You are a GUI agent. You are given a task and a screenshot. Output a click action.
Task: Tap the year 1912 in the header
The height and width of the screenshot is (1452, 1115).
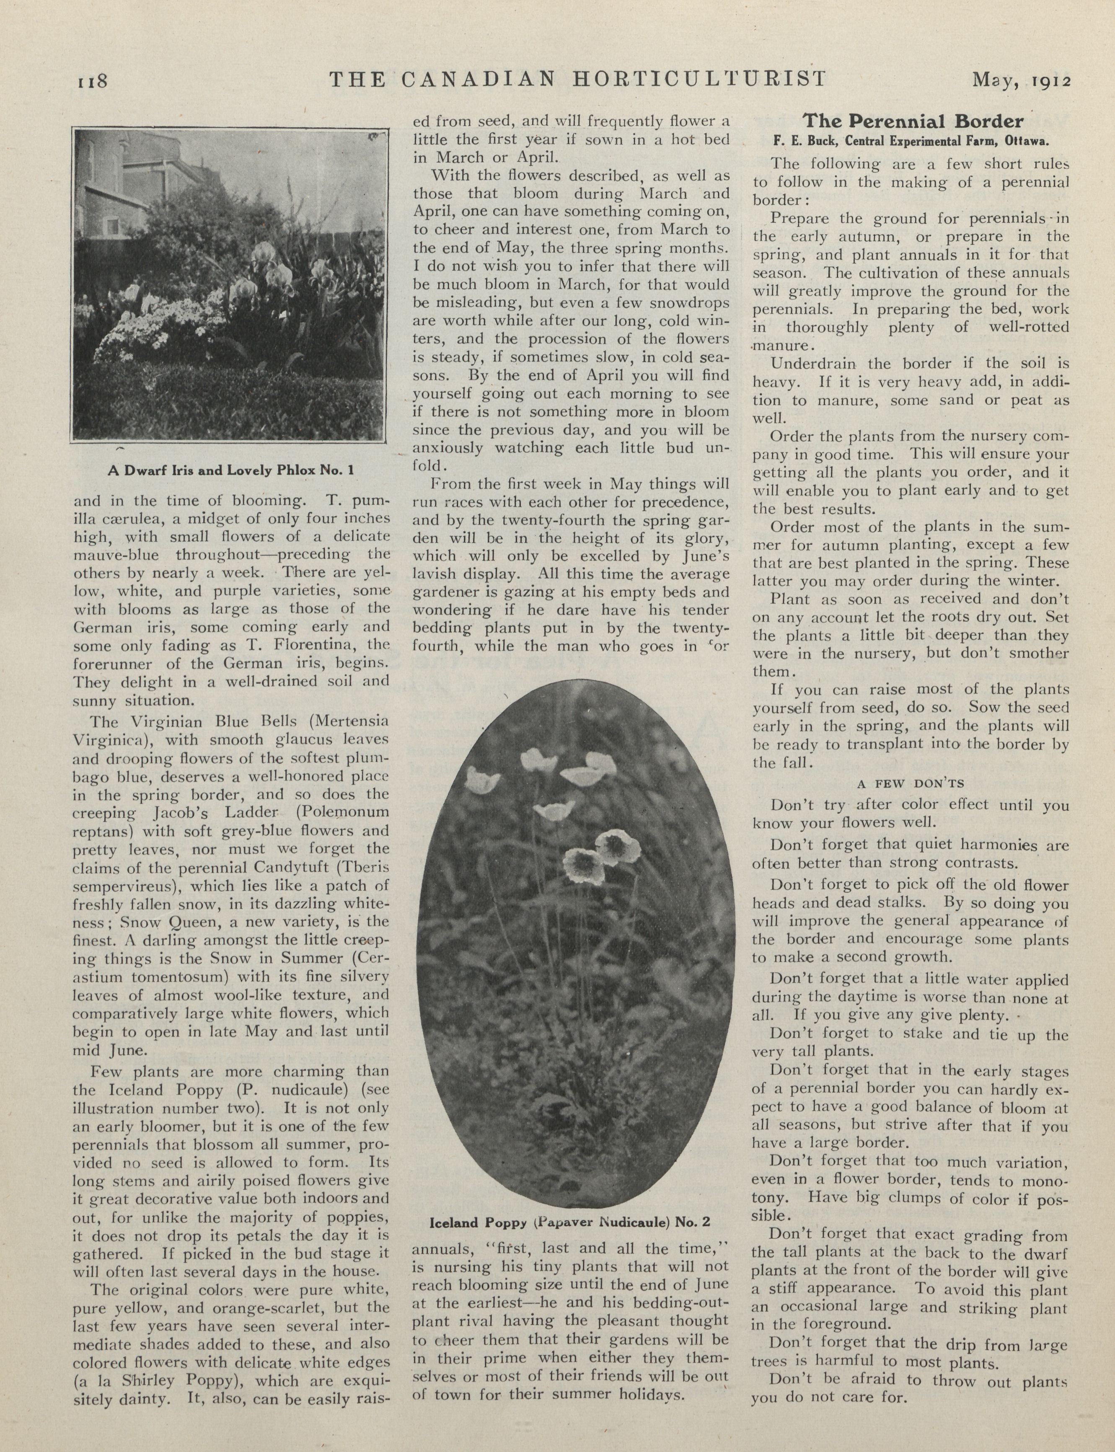click(x=1052, y=81)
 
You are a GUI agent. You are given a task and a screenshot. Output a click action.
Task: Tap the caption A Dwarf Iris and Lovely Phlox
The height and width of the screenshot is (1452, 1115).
click(x=231, y=470)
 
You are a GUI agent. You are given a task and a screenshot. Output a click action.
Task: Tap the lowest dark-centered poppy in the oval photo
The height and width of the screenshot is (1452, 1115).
click(x=583, y=864)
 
